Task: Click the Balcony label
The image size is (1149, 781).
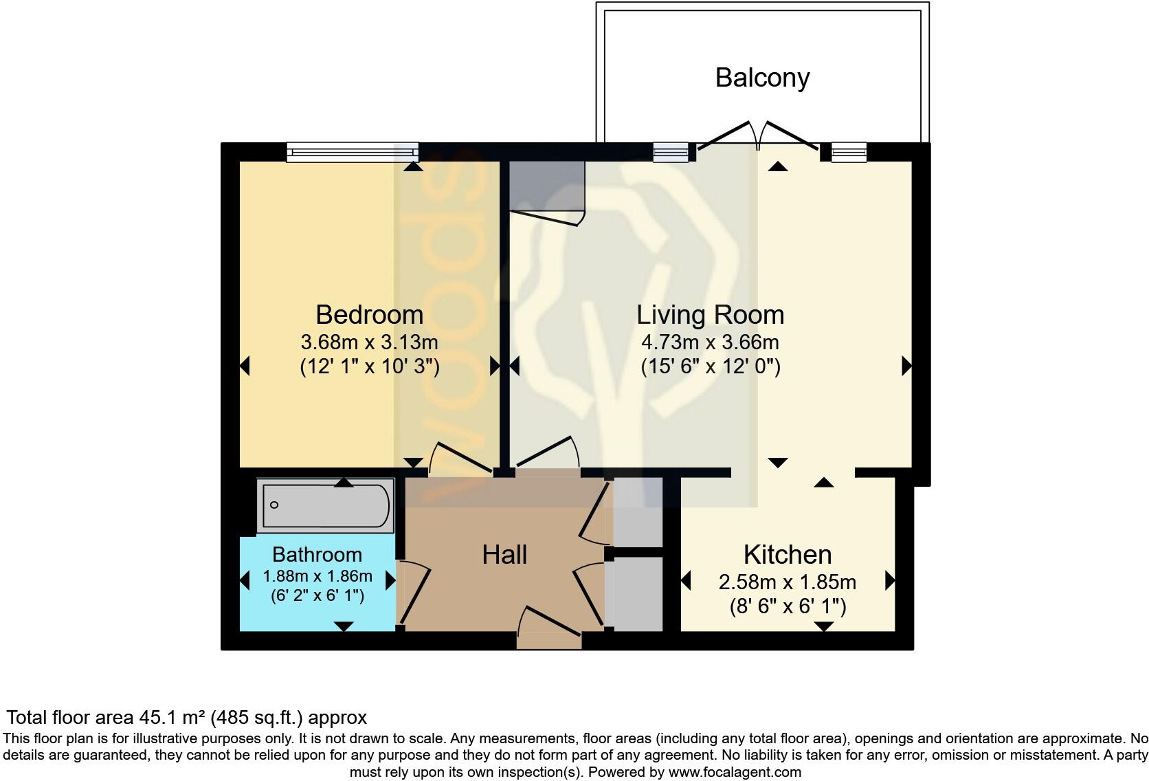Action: tap(762, 78)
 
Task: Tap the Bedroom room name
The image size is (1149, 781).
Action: tap(369, 315)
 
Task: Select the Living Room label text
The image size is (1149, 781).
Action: tap(711, 315)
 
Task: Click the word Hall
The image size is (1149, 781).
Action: tap(504, 555)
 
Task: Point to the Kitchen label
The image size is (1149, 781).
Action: tap(788, 555)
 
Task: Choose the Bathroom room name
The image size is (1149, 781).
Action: tap(317, 555)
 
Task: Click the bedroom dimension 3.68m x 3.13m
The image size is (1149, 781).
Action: tap(369, 342)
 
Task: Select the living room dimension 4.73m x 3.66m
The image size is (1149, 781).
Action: tap(711, 342)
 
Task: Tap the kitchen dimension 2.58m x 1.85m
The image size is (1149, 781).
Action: tap(788, 582)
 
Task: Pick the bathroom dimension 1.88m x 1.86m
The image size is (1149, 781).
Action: tap(317, 576)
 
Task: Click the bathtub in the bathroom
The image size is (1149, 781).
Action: tap(326, 505)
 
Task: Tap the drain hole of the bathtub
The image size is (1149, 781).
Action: tap(274, 505)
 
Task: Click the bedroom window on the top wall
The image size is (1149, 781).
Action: tap(353, 152)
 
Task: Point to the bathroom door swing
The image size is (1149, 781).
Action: tap(414, 593)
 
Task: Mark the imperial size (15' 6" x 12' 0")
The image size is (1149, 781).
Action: tap(711, 367)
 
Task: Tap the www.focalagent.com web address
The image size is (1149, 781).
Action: tap(735, 772)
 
